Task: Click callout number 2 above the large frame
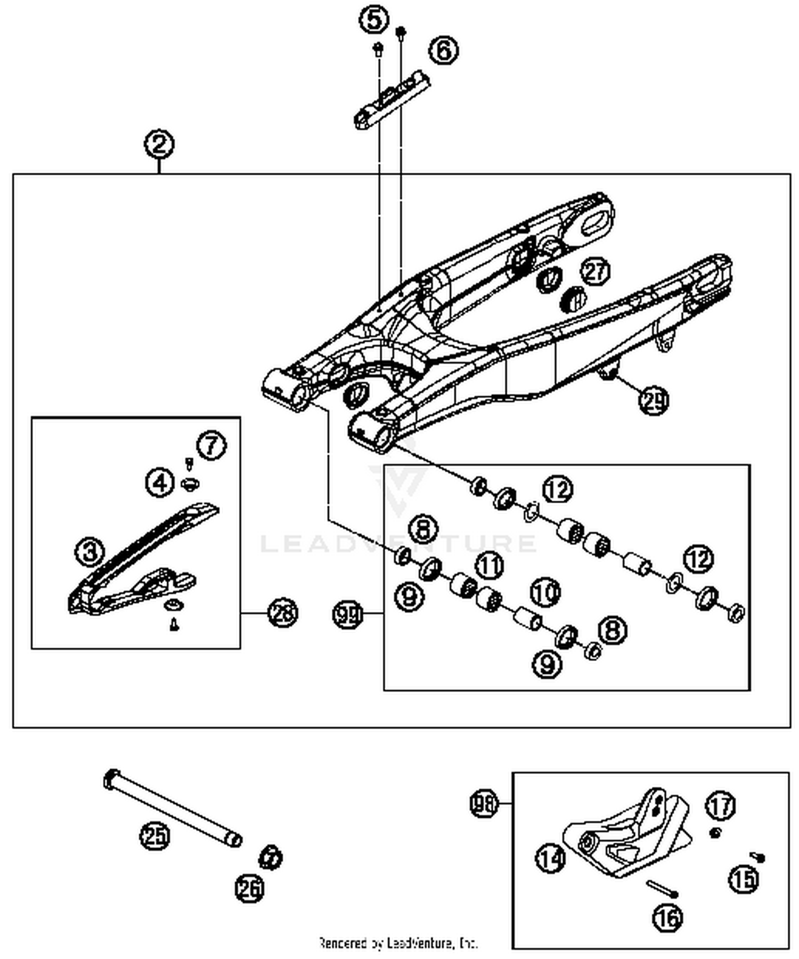(x=159, y=144)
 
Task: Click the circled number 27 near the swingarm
(x=595, y=271)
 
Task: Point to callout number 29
(x=654, y=400)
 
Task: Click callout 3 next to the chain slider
(x=89, y=551)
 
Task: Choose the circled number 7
(x=211, y=445)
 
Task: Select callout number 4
(x=160, y=482)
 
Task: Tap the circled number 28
(x=283, y=613)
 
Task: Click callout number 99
(x=347, y=614)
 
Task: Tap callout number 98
(x=484, y=803)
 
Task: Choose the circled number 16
(x=667, y=918)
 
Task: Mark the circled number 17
(x=721, y=806)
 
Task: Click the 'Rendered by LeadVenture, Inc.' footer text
(x=398, y=943)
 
